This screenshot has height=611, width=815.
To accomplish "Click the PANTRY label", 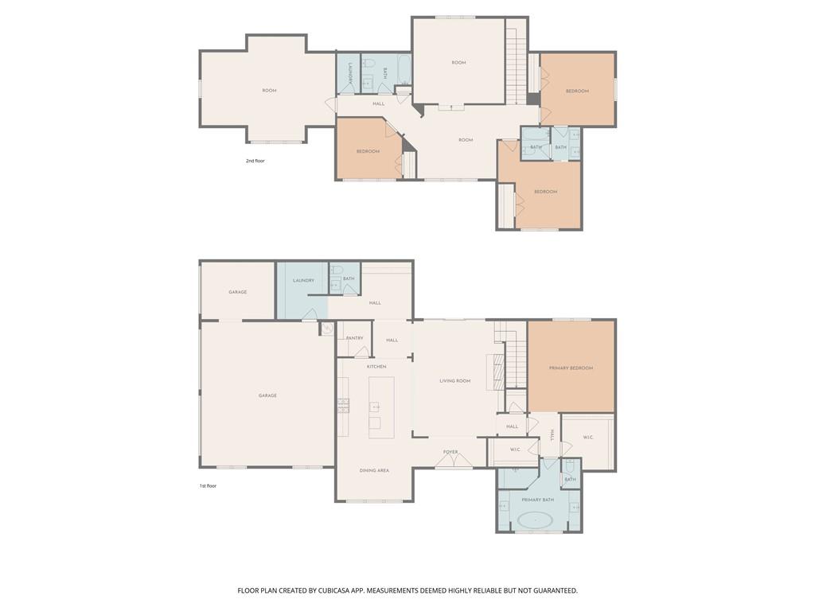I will [354, 338].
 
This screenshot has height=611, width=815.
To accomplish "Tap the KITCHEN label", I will [376, 367].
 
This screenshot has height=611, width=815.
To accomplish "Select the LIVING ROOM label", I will [455, 381].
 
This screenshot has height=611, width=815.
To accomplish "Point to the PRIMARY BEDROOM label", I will [571, 368].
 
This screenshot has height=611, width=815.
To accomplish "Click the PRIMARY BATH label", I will [537, 500].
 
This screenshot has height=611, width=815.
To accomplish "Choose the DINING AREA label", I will [374, 471].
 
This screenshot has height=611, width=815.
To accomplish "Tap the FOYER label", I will [451, 453].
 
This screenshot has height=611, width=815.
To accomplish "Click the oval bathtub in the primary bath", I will [535, 522].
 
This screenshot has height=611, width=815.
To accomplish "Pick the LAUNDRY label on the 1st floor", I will [303, 281].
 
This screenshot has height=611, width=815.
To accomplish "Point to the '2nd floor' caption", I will [255, 161].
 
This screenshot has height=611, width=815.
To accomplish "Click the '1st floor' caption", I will [208, 485].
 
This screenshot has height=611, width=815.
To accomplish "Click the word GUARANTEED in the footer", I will [550, 591].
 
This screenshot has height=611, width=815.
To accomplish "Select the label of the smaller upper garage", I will [237, 292].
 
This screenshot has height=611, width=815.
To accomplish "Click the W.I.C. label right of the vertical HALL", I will [588, 437].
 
